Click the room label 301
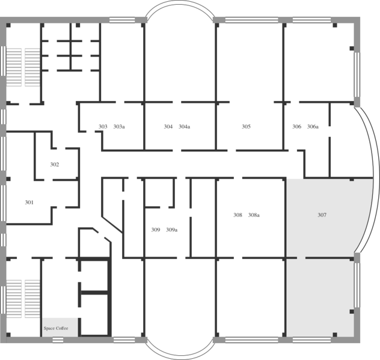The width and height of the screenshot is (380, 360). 29,203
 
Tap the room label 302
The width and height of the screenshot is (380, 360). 55,165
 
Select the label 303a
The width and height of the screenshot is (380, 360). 119,126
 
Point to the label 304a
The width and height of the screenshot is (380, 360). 184,126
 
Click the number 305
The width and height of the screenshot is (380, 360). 246,126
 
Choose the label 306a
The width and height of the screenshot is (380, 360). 313,126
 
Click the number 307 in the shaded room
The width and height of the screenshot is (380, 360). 322,215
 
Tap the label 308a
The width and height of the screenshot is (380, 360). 254,215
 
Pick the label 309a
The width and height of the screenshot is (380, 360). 171,230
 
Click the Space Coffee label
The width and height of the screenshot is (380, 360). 56,328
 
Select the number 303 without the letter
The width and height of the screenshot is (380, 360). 103,126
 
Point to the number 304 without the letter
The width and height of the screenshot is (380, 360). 168,126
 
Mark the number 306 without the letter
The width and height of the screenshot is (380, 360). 296,126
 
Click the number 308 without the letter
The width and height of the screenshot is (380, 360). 237,215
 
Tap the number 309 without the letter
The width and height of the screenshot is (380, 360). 156,230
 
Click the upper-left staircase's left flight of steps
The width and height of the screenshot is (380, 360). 14,67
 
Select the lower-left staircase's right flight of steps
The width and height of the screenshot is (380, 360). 32,299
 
